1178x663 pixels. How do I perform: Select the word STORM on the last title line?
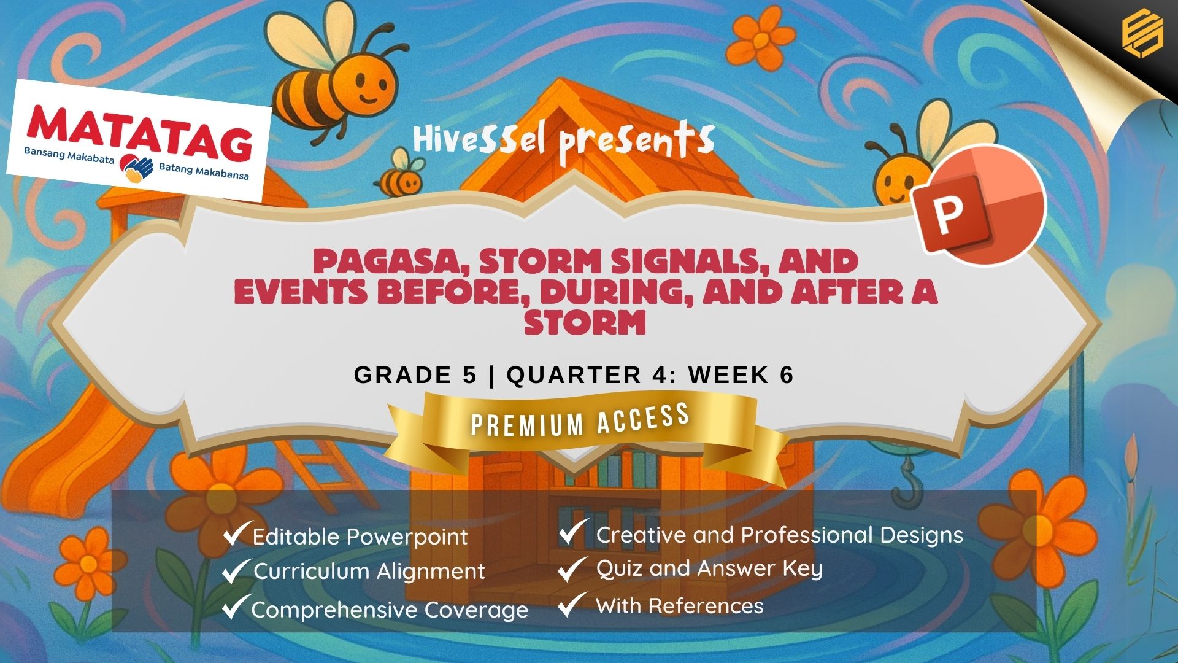coord(585,322)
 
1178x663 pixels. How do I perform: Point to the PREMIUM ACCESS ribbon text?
coord(580,421)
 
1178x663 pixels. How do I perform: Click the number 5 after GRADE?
coord(469,375)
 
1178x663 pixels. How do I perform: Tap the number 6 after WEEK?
coord(787,374)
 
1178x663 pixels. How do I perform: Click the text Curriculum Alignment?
coord(369,572)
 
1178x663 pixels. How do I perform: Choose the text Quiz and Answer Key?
coord(709,569)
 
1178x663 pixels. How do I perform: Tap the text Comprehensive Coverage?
coord(390,610)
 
